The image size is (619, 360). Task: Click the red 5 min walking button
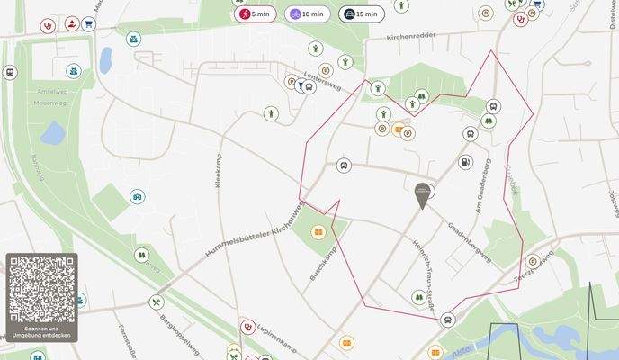pyautogui.click(x=256, y=14)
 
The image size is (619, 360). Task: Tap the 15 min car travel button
pyautogui.click(x=361, y=14)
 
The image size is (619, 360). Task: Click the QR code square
pyautogui.click(x=41, y=289)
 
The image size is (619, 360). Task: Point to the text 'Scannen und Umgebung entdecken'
pyautogui.click(x=41, y=332)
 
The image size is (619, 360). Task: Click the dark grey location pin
pyautogui.click(x=422, y=194)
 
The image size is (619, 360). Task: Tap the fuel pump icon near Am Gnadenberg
pyautogui.click(x=465, y=163)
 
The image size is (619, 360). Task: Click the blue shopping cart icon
pyautogui.click(x=88, y=24)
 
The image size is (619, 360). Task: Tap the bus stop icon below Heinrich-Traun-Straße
pyautogui.click(x=447, y=319)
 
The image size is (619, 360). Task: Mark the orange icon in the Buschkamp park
pyautogui.click(x=317, y=232)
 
